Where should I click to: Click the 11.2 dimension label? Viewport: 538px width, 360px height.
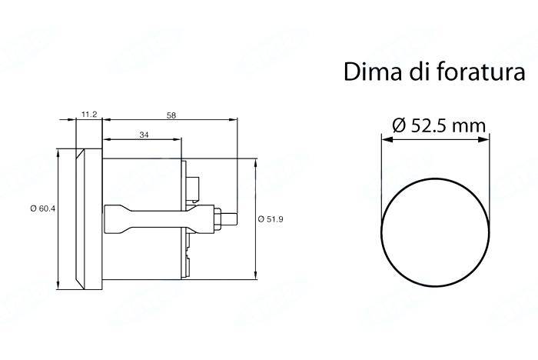click(x=88, y=114)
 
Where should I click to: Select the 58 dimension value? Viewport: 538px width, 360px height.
click(x=170, y=114)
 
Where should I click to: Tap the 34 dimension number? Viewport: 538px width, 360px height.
click(x=144, y=134)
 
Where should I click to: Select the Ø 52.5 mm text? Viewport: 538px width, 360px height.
click(x=437, y=127)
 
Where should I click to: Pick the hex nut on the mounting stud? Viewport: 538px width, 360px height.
click(x=220, y=218)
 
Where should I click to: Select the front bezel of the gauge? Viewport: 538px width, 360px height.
click(x=86, y=220)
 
